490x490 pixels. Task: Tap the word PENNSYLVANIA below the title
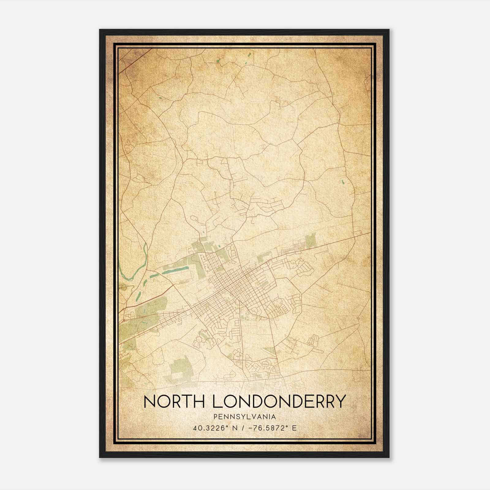245,417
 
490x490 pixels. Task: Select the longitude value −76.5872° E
272,428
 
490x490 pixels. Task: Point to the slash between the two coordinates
243,428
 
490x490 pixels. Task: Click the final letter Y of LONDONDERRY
340,401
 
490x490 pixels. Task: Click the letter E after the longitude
295,428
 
